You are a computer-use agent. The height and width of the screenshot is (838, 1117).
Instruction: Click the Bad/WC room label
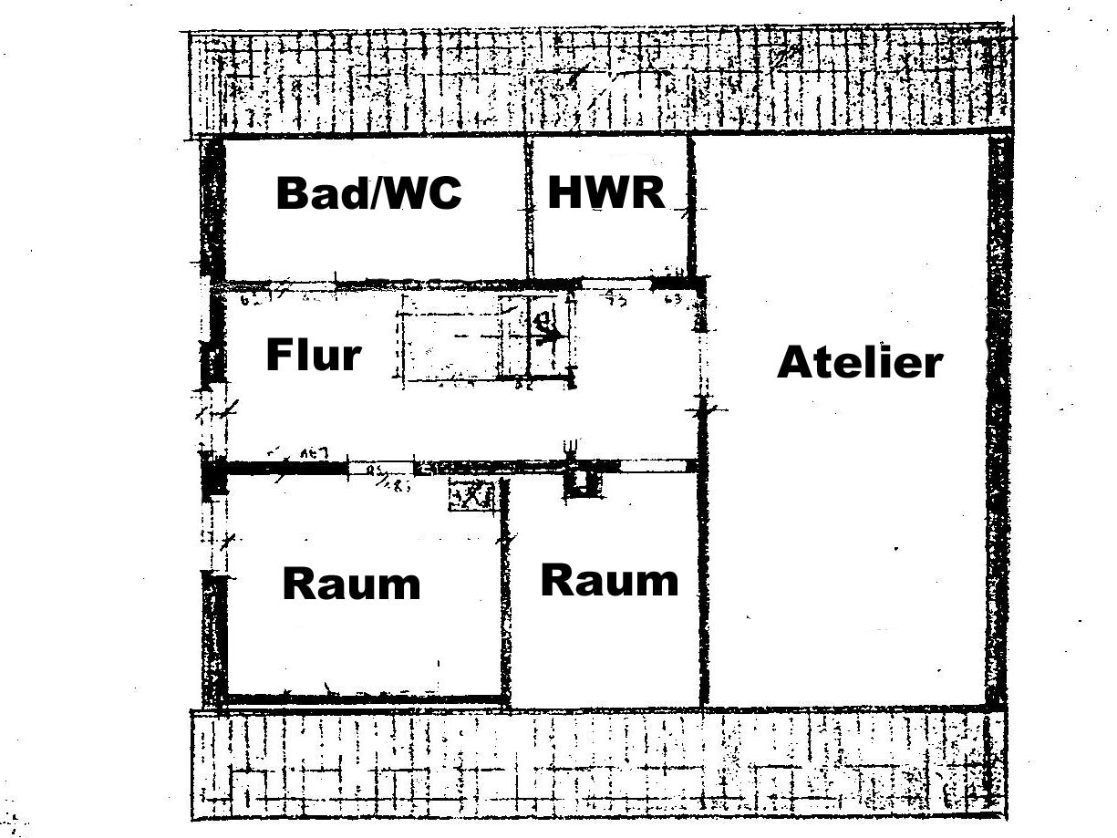point(368,193)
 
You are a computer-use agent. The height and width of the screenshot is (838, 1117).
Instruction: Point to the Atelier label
point(859,362)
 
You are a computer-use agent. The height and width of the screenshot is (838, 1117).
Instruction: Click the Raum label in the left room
point(351,584)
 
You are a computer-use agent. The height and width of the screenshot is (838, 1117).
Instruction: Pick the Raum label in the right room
point(609,580)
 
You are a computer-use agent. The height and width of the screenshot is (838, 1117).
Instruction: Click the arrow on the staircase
point(549,336)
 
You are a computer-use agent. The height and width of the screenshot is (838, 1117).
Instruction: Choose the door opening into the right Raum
point(653,466)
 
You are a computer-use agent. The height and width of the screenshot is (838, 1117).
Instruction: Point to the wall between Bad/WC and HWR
point(527,208)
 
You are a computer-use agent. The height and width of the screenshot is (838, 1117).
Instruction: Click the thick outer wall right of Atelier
point(998,419)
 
